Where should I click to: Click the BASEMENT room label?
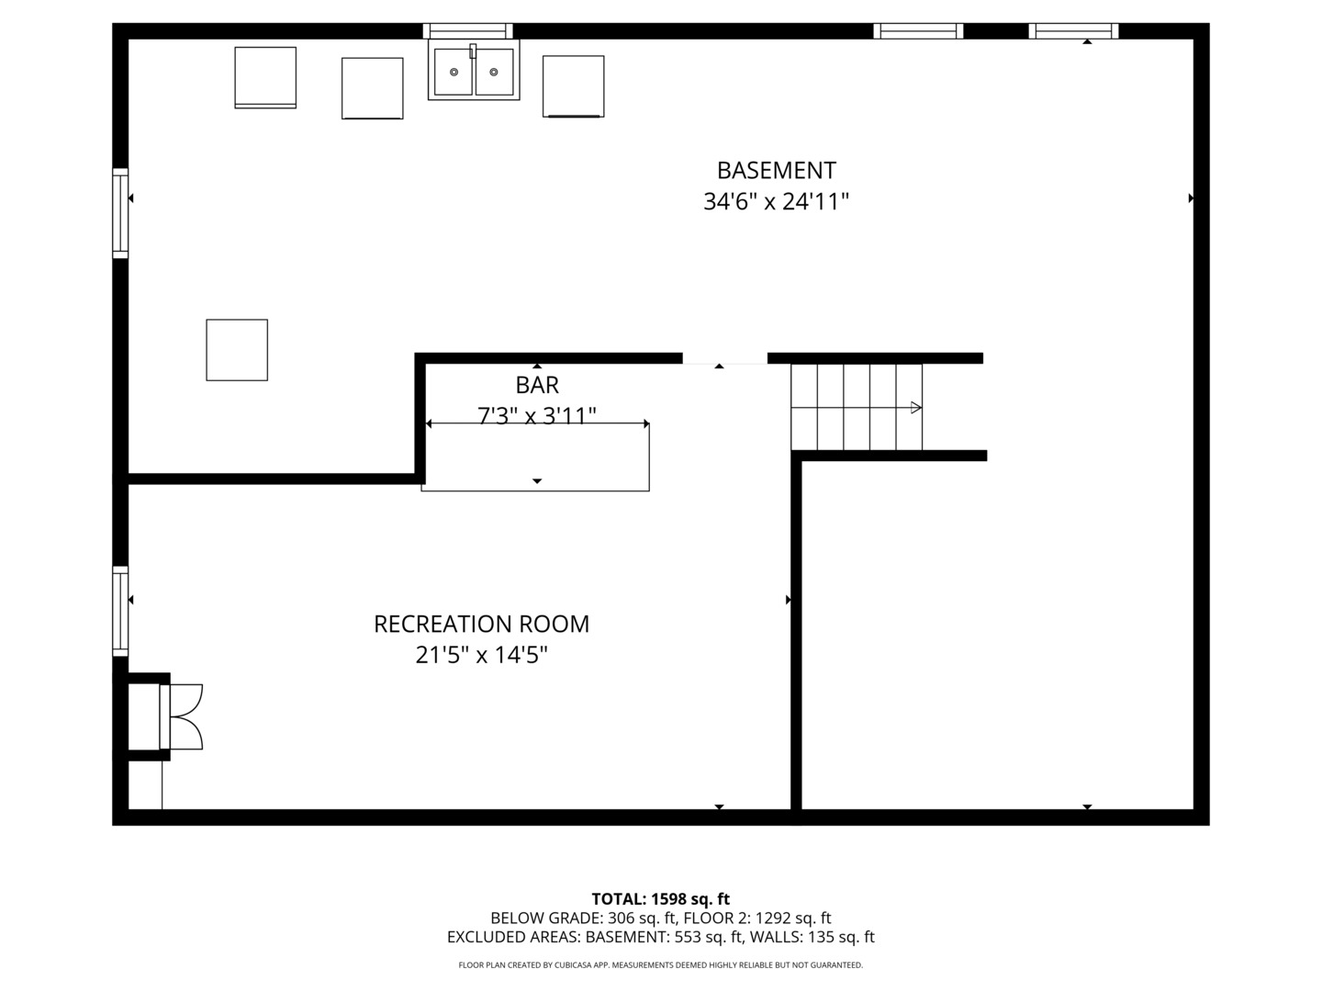(776, 171)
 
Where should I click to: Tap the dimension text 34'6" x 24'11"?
(776, 201)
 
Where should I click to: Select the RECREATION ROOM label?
(481, 624)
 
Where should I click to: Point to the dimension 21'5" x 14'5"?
(481, 655)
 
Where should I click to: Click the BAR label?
(537, 385)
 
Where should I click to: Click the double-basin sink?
(474, 70)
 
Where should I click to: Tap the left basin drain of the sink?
(454, 73)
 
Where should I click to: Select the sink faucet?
(473, 51)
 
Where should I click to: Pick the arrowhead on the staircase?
(916, 408)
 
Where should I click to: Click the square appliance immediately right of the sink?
(573, 86)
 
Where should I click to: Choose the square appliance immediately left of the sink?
(372, 88)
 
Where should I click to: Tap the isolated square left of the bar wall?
(237, 350)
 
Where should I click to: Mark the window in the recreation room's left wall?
(120, 612)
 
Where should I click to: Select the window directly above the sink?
(467, 30)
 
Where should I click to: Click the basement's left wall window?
(120, 213)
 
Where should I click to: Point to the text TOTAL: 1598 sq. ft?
(661, 899)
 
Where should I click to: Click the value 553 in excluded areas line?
(688, 937)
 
